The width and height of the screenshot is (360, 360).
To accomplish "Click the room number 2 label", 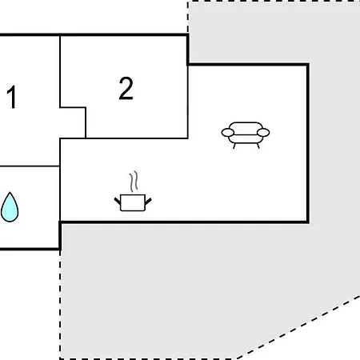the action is pos(126,88).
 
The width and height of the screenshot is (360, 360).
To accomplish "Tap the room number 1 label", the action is pos(11,97).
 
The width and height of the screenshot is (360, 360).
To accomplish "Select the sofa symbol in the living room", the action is pos(246,135).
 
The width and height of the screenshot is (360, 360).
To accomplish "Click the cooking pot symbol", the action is pos(133,191).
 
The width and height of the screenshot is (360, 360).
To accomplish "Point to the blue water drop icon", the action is pos(10,207).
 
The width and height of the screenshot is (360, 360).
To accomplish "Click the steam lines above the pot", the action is pos(134,182).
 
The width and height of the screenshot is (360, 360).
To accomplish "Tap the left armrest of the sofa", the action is pos(228,133).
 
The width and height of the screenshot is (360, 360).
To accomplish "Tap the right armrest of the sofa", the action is pos(263,133).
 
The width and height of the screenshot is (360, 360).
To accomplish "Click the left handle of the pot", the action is pos(118,201).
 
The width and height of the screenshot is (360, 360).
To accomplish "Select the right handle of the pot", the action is pos(148,202).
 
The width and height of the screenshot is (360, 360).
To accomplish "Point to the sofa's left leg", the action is pos(234,146).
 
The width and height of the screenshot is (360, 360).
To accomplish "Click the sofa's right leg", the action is pos(258,146).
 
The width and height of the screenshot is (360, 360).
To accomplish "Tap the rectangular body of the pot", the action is pos(133,203).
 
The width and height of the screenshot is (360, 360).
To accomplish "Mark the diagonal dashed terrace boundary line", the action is pos(298,328).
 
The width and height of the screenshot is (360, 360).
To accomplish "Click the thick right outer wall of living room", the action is pos(308,143).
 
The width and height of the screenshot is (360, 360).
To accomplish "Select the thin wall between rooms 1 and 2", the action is pos(60,71).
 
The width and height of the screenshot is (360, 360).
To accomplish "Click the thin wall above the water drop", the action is pos(30,166).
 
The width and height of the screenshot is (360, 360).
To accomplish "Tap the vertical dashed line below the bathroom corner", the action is pos(60,305).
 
